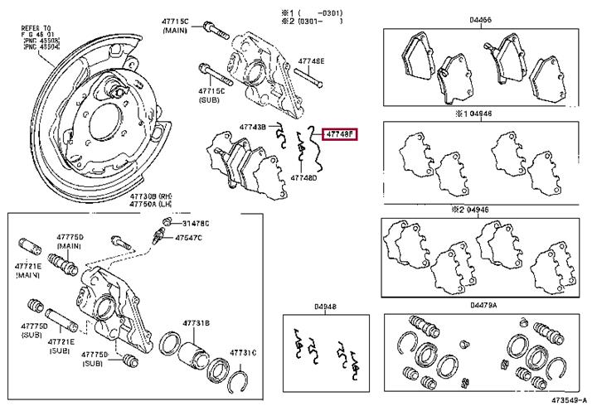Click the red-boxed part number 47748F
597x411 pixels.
[x=339, y=133]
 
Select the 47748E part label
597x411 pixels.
[x=312, y=61]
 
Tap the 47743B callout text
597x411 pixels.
[x=252, y=127]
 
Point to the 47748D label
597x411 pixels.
[x=303, y=177]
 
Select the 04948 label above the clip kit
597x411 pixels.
[x=325, y=307]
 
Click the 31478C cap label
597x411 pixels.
[x=196, y=223]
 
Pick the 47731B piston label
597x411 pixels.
[x=196, y=322]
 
